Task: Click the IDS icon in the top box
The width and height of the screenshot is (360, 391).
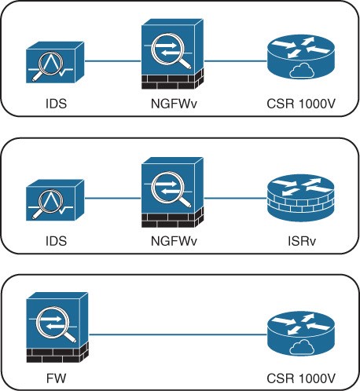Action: point(55,62)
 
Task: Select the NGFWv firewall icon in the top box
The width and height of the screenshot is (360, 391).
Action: point(172,54)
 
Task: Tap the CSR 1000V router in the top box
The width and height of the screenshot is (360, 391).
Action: point(301,57)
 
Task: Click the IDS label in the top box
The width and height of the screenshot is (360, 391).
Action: point(56,104)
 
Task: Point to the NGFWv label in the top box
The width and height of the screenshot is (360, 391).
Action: point(174,104)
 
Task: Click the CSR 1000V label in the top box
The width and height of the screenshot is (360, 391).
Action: point(301,104)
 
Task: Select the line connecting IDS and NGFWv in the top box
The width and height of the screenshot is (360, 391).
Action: point(113,61)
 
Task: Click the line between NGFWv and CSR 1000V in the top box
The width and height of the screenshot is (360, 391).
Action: point(235,61)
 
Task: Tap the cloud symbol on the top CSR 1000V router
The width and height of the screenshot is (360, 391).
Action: point(302,70)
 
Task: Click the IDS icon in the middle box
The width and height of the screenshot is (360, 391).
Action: point(55,200)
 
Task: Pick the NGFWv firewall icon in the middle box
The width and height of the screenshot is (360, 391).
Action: point(172,192)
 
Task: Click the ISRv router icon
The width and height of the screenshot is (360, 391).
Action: point(301,198)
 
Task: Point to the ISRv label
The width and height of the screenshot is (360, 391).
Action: point(302,241)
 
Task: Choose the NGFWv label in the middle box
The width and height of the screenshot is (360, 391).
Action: point(174,241)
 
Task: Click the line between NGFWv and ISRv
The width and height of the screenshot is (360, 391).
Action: point(235,198)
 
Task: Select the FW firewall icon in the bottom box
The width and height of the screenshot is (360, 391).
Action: point(57,327)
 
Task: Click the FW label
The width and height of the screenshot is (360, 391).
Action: point(56,378)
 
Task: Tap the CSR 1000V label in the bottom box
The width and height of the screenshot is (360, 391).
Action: point(301,378)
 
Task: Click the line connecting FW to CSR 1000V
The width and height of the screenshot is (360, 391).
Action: point(178,334)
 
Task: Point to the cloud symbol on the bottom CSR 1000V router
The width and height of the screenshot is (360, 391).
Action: point(302,347)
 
